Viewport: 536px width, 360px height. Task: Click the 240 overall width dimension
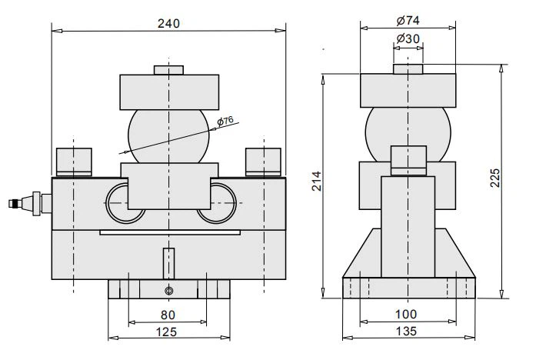click(168, 24)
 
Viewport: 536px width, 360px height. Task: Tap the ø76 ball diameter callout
click(225, 121)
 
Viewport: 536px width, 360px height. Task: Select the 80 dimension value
click(168, 315)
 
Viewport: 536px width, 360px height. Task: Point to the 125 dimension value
click(166, 332)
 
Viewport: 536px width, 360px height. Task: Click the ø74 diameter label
click(408, 21)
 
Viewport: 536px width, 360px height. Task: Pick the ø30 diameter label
click(408, 38)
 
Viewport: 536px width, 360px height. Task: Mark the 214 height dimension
click(317, 182)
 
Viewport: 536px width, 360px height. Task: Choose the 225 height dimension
click(495, 178)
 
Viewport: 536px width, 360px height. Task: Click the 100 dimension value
click(406, 315)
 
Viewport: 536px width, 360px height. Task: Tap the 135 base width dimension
click(406, 332)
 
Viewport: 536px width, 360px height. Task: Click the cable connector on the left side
click(30, 203)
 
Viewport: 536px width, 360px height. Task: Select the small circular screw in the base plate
click(169, 291)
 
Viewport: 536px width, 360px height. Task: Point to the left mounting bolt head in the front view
click(74, 162)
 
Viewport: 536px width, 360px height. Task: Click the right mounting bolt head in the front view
click(263, 162)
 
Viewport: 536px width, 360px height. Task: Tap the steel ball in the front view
click(168, 136)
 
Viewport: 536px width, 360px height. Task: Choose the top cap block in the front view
click(169, 92)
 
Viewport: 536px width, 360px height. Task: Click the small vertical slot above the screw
click(169, 263)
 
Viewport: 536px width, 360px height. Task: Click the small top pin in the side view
click(408, 68)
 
